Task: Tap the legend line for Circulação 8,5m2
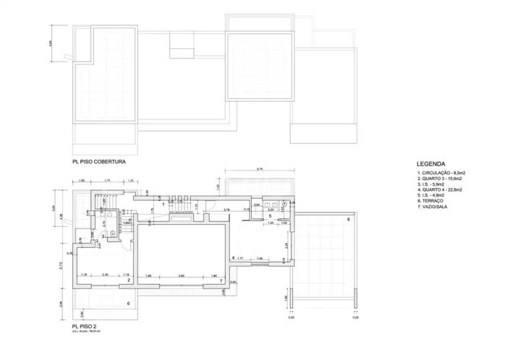(x=441, y=173)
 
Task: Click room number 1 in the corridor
(x=163, y=205)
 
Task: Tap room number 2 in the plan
(x=128, y=280)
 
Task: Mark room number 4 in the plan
(x=232, y=257)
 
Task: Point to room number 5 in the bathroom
(x=269, y=215)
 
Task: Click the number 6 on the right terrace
(x=348, y=219)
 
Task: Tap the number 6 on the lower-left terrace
(x=128, y=305)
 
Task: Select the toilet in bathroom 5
(x=285, y=205)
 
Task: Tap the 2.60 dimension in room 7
(x=182, y=275)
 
